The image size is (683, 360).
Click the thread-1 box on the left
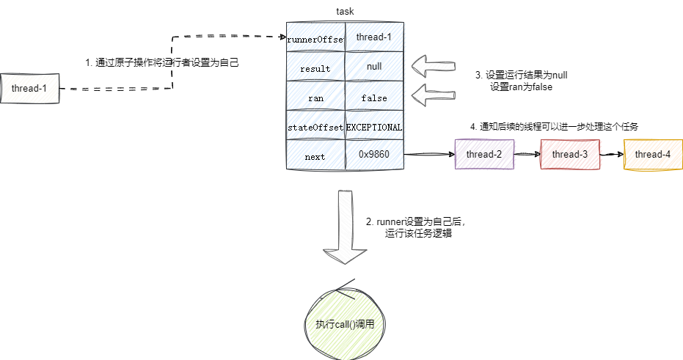click(x=29, y=89)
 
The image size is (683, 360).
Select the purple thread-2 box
click(x=483, y=155)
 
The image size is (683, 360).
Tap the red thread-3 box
click(x=570, y=155)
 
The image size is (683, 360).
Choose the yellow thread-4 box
click(x=652, y=155)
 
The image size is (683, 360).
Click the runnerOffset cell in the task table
click(x=315, y=37)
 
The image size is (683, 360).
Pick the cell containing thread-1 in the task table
click(x=374, y=37)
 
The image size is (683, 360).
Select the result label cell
click(x=315, y=68)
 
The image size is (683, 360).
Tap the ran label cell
click(x=315, y=98)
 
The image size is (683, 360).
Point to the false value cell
click(x=374, y=98)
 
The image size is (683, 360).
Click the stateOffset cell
click(x=315, y=127)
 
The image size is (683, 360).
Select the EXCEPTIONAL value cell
click(x=374, y=127)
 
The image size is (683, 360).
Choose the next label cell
click(x=315, y=157)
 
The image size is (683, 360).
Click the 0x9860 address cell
click(x=374, y=155)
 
